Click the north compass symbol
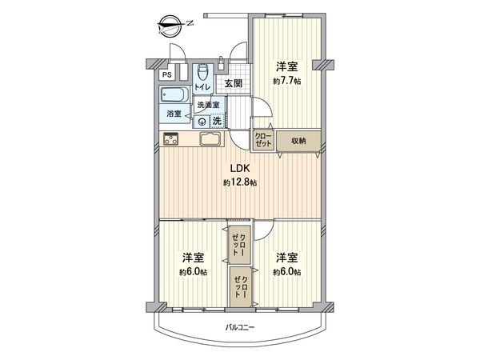(170, 26)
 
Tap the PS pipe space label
(167, 75)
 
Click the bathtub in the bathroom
(174, 95)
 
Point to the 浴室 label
(174, 114)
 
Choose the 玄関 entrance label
(234, 83)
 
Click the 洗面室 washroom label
(208, 105)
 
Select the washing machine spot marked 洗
(217, 121)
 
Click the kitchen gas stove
(172, 139)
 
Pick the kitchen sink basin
(210, 139)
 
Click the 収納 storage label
(298, 141)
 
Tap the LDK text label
(240, 168)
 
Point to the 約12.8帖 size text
(240, 183)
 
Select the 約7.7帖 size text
(287, 81)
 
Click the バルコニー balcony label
(240, 327)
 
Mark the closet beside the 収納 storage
(263, 141)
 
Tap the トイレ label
(202, 87)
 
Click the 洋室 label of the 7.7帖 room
(287, 66)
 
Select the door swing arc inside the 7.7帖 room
(266, 103)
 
